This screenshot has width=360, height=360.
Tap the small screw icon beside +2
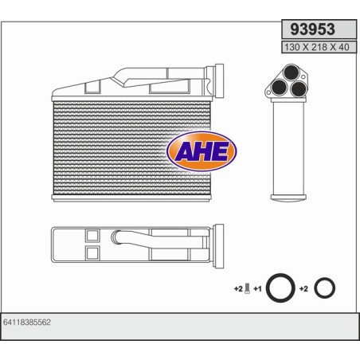click(x=247, y=288)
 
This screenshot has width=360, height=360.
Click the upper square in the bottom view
click(x=91, y=235)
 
